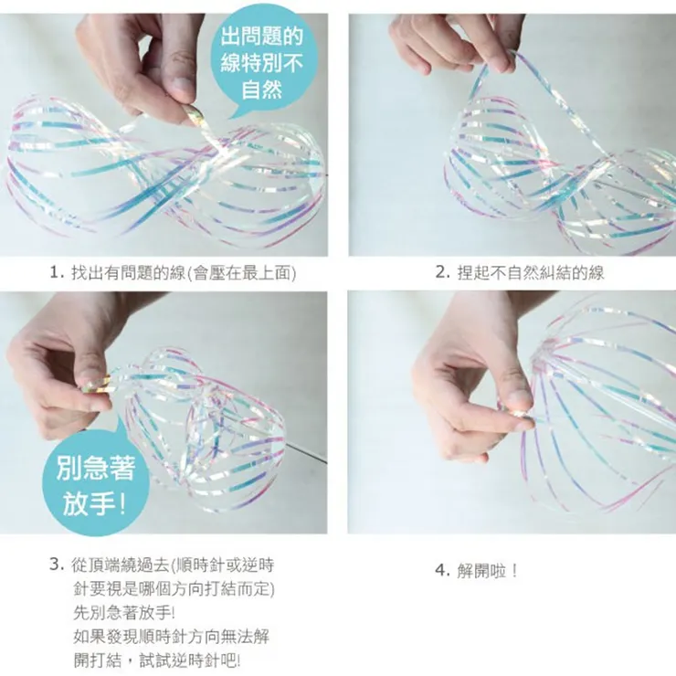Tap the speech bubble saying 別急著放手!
pos(96,484)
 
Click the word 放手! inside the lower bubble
pos(95,503)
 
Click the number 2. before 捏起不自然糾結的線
pos(442,272)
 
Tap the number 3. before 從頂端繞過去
pos(57,564)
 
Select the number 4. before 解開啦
pos(441,571)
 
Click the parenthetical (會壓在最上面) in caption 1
pos(241,272)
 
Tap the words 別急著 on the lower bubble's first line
pos(95,470)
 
